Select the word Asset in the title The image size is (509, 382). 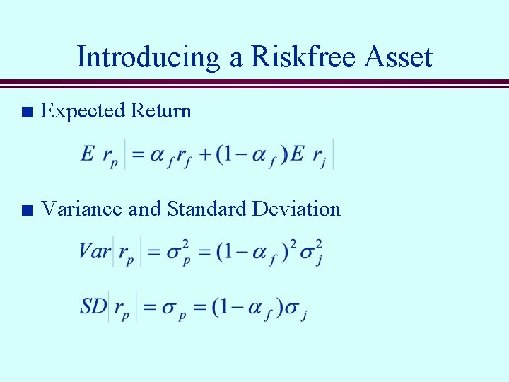coord(397,57)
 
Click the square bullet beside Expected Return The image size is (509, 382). coord(27,112)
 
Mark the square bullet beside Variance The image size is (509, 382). coord(27,210)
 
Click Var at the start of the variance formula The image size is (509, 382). coord(95,252)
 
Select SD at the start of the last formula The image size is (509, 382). coord(93,306)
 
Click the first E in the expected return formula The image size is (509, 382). coord(88,154)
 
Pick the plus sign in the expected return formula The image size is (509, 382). coord(205,154)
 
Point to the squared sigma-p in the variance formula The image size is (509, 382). coord(178,252)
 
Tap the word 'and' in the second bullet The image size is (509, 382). coord(144,209)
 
